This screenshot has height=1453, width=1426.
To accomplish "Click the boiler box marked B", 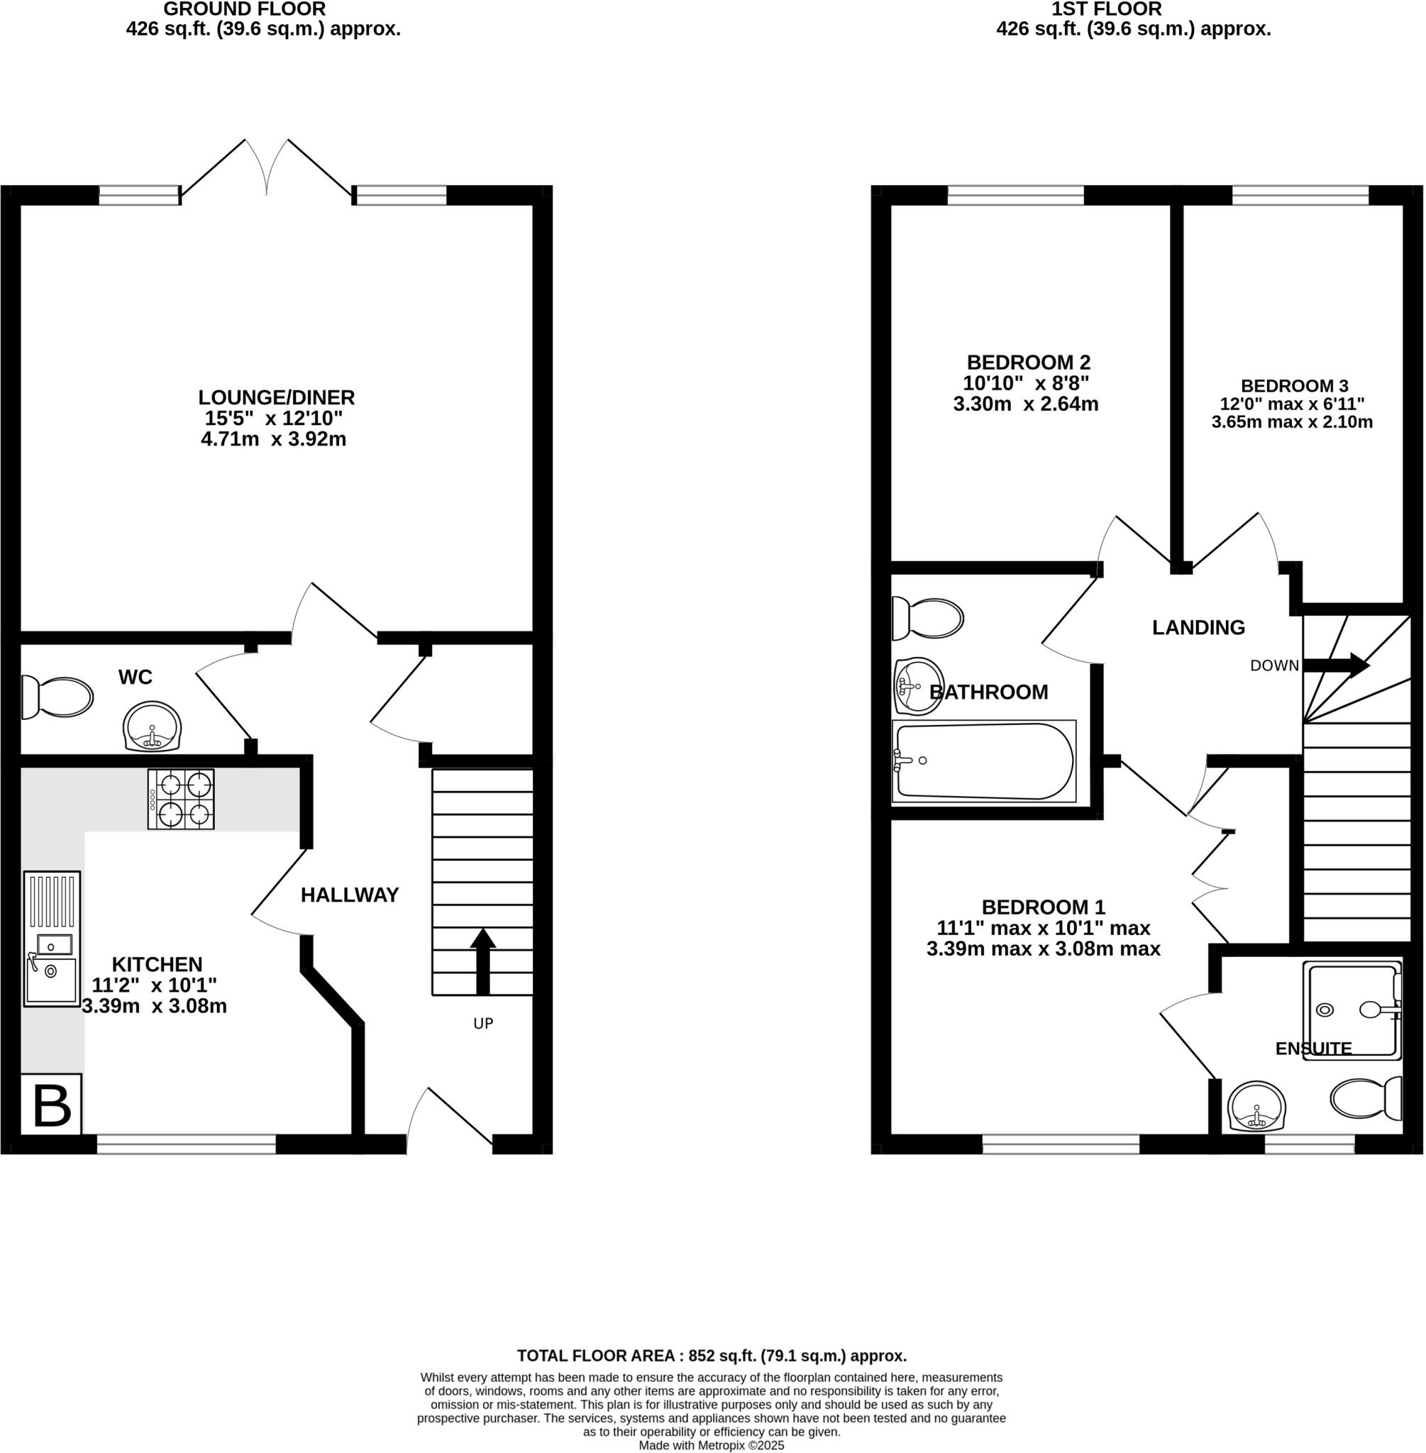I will click(x=51, y=1105).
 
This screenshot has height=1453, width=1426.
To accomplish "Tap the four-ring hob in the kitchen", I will click(x=180, y=798).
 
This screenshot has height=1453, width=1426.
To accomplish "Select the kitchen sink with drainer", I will click(x=51, y=938).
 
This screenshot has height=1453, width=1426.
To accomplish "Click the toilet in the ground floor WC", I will click(x=57, y=697).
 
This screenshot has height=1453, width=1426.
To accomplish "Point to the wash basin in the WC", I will click(x=152, y=726).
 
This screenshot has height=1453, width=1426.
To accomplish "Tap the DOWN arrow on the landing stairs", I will click(x=1336, y=665).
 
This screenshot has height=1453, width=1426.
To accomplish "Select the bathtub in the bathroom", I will click(x=983, y=761).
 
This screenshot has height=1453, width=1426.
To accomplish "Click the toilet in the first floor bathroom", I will click(x=927, y=619).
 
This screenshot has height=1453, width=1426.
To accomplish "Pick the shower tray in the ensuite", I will click(x=1352, y=1010).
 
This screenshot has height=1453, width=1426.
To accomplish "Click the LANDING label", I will click(x=1198, y=628).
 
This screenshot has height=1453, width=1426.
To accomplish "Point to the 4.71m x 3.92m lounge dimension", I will click(x=273, y=439).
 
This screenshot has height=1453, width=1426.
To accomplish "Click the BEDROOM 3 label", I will click(x=1294, y=386).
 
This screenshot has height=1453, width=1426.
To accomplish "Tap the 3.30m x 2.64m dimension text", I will click(x=1025, y=404).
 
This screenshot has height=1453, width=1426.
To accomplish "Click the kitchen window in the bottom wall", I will click(x=187, y=1144).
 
